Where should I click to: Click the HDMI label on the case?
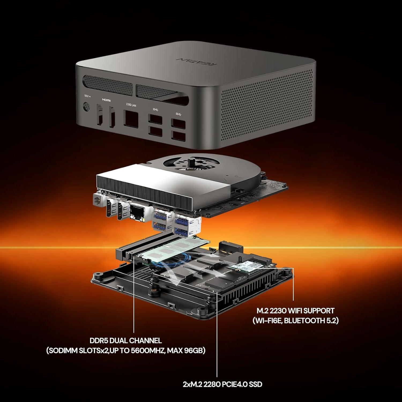[106, 100]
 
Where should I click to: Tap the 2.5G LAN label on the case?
[131, 105]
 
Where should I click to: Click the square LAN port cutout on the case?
[131, 118]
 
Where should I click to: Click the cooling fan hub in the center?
[192, 162]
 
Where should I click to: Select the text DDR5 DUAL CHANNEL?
[126, 341]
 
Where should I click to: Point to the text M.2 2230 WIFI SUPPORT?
[295, 311]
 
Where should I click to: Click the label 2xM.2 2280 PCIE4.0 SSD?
[222, 384]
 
